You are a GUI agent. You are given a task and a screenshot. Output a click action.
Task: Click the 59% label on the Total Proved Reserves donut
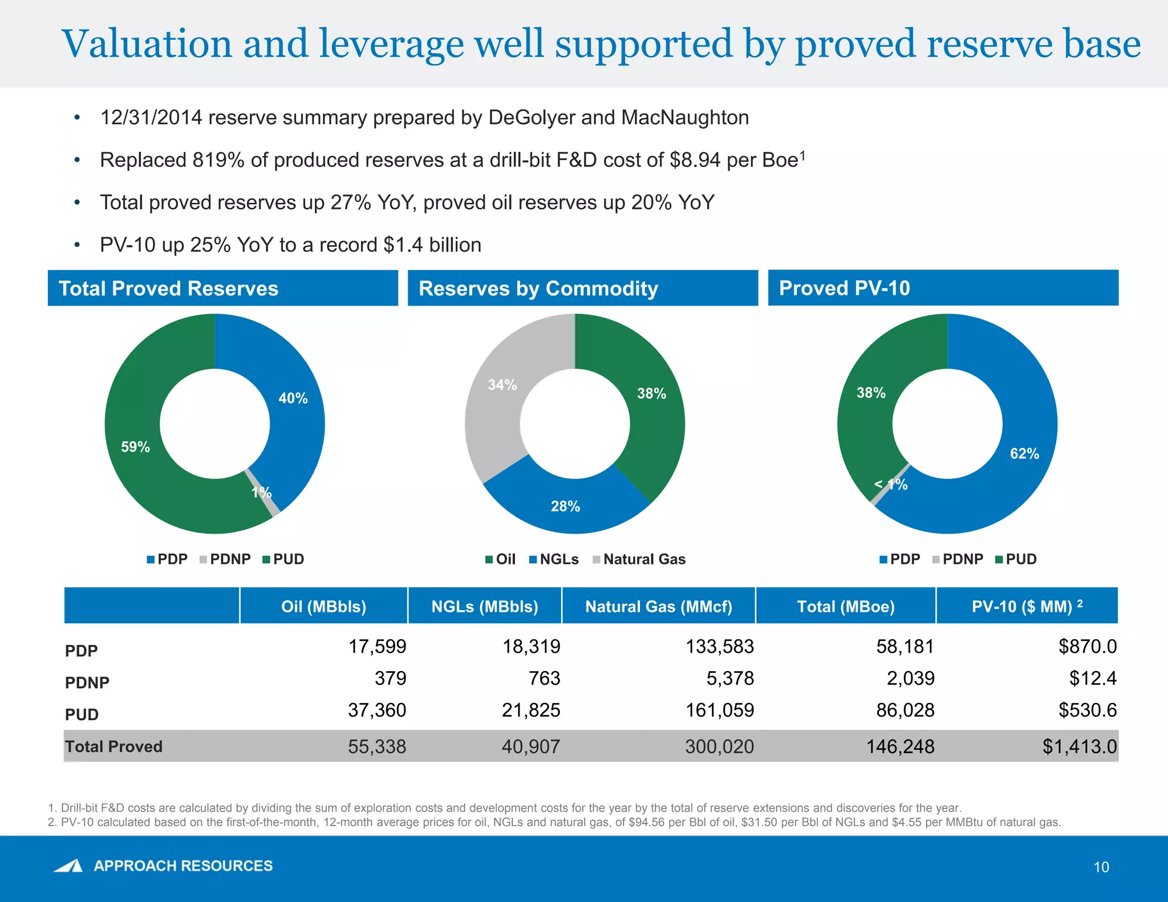[x=136, y=447]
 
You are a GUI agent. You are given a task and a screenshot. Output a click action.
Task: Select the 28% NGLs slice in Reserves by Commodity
[x=565, y=506]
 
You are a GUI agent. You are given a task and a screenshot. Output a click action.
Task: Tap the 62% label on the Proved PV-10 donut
[x=1024, y=454]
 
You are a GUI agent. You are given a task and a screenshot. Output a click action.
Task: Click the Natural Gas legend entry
[x=644, y=559]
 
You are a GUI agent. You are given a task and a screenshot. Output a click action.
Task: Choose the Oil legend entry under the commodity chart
[x=505, y=559]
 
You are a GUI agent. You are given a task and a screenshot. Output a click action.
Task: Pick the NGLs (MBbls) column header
[x=485, y=606]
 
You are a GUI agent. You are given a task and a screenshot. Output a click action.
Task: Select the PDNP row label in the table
[x=87, y=682]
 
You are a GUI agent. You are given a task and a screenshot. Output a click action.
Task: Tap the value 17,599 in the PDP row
[x=377, y=647]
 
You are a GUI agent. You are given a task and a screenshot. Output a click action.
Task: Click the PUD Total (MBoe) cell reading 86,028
[x=905, y=710]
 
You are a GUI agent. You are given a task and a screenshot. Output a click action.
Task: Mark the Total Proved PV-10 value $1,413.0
[x=1080, y=746]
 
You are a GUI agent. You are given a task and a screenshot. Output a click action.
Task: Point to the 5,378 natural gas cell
[x=730, y=678]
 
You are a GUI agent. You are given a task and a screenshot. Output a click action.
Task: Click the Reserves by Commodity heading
[x=538, y=289]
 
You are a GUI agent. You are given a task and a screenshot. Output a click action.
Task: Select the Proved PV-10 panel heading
[x=845, y=289]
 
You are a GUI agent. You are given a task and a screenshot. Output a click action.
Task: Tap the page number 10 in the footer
[x=1101, y=867]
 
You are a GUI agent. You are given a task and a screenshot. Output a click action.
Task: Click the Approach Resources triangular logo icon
[x=69, y=866]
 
